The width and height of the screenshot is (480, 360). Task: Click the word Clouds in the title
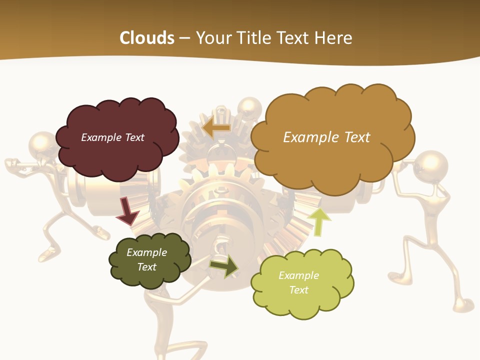pyautogui.click(x=147, y=37)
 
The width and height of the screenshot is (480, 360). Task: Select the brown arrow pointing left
pyautogui.click(x=216, y=128)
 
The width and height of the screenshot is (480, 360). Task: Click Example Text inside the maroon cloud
pyautogui.click(x=112, y=137)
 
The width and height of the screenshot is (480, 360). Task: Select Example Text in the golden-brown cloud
pyautogui.click(x=326, y=137)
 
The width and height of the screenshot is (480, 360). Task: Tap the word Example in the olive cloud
pyautogui.click(x=146, y=252)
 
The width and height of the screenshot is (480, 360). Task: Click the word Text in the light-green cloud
pyautogui.click(x=298, y=290)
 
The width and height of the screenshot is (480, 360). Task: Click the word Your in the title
pyautogui.click(x=213, y=37)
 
